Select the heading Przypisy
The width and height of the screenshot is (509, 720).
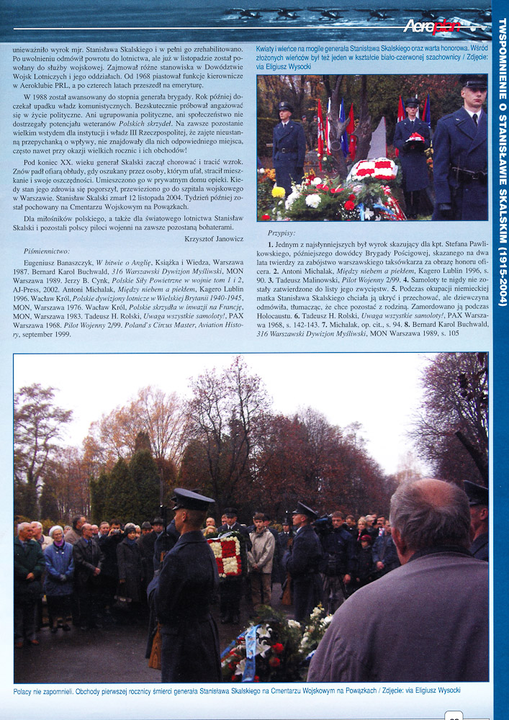(x=281, y=233)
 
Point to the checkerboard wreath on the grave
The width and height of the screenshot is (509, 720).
(x=373, y=170)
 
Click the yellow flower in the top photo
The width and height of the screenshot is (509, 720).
(x=278, y=192)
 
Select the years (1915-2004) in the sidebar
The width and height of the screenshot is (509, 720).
(x=502, y=266)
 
